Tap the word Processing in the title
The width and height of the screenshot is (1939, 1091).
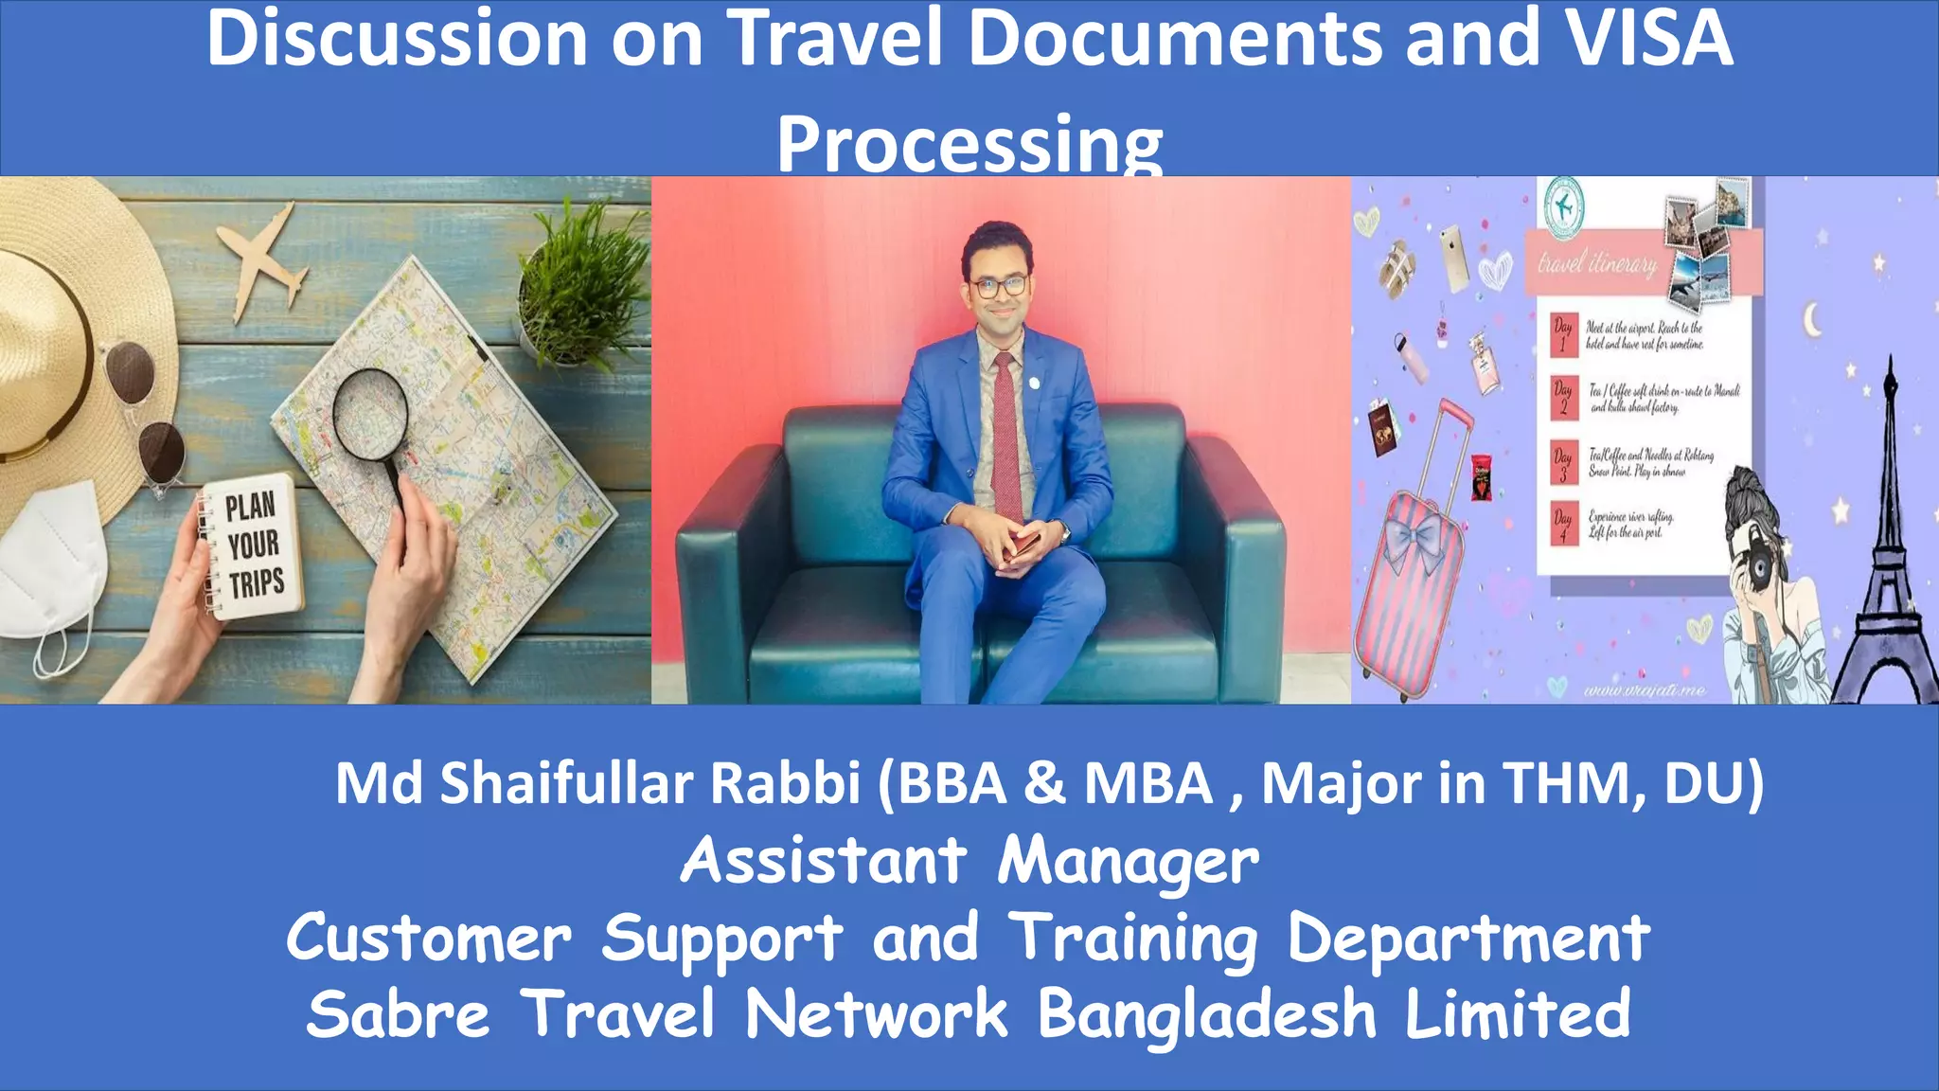(x=969, y=144)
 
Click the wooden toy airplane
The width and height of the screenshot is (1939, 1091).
(x=260, y=260)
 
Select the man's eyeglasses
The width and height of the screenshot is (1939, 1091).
(x=998, y=286)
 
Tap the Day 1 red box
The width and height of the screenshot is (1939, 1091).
(x=1563, y=335)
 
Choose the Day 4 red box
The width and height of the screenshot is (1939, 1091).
(x=1563, y=524)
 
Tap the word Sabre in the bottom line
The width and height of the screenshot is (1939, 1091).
(x=398, y=1014)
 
